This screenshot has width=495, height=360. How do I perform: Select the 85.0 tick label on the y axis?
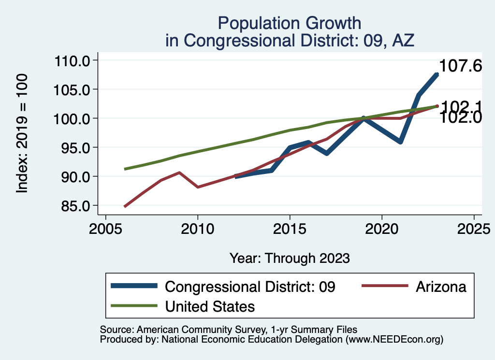pyautogui.click(x=72, y=206)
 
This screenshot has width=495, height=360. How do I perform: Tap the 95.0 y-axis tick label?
pyautogui.click(x=72, y=148)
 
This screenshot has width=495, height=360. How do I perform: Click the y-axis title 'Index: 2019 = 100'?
pyautogui.click(x=22, y=133)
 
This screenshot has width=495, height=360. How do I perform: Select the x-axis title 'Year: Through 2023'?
pyautogui.click(x=290, y=258)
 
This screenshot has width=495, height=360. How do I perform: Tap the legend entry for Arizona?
pyautogui.click(x=441, y=287)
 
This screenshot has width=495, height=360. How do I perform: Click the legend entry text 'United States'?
pyautogui.click(x=210, y=306)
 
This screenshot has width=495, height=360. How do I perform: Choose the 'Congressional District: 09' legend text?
pyautogui.click(x=250, y=287)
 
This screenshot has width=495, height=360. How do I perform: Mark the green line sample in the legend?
pyautogui.click(x=134, y=306)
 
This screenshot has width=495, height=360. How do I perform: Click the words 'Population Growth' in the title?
pyautogui.click(x=289, y=23)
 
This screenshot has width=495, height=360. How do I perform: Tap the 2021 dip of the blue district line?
pyautogui.click(x=400, y=142)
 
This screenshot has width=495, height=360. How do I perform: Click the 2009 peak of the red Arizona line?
pyautogui.click(x=179, y=173)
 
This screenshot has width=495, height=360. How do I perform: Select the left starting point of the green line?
pyautogui.click(x=125, y=169)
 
